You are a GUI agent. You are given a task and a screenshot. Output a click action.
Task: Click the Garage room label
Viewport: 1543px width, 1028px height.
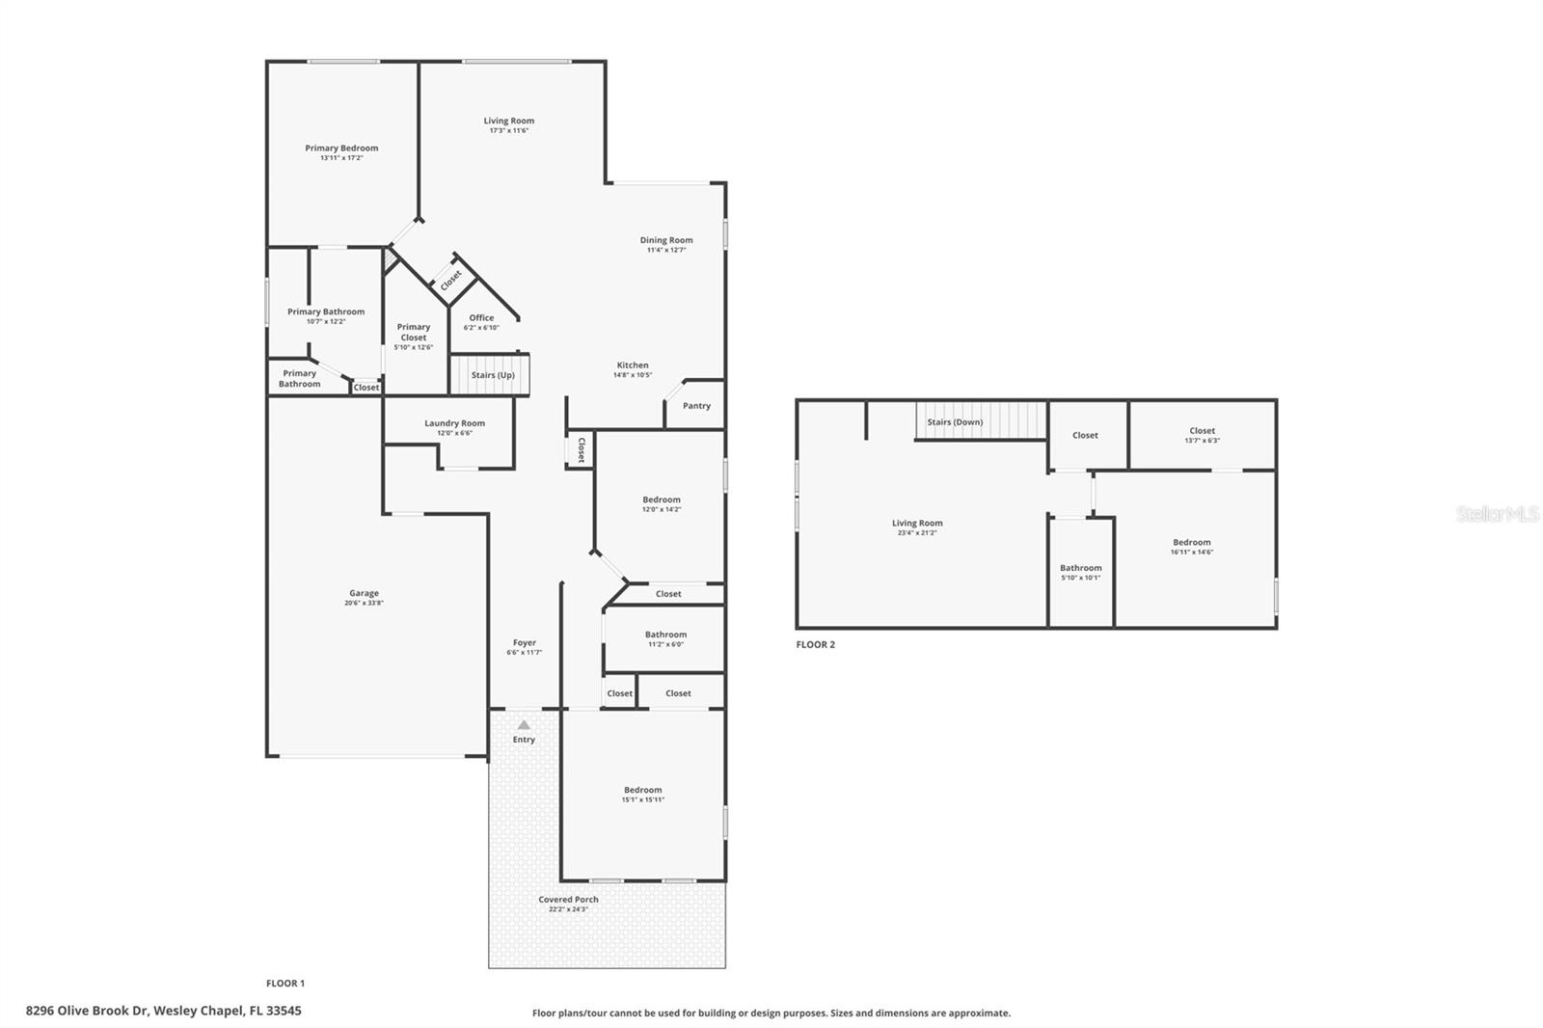(365, 593)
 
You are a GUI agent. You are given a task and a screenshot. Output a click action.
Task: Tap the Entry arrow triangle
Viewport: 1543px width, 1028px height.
(524, 725)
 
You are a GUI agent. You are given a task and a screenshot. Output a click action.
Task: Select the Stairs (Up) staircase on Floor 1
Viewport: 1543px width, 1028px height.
(490, 375)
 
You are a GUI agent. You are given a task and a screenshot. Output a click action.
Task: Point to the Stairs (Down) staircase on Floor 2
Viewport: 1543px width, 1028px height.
(981, 421)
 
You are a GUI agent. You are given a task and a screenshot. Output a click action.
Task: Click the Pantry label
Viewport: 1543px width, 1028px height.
(696, 406)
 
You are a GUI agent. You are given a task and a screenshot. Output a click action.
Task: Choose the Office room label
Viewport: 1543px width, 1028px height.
(481, 317)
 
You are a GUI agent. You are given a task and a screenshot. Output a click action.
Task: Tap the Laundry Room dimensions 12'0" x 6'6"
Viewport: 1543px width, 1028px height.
(454, 433)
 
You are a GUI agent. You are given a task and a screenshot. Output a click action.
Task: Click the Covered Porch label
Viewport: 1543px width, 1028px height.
(568, 899)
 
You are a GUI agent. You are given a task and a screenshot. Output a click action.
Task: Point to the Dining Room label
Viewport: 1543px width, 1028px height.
(666, 240)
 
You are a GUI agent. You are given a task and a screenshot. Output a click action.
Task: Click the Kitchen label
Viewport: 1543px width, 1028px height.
(633, 365)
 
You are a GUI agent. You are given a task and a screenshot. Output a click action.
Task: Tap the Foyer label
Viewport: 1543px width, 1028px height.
(525, 642)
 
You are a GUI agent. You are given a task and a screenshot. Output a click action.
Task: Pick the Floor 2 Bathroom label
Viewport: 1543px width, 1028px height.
(1080, 568)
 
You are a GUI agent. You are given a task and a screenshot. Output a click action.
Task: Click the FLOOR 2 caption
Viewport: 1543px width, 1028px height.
(815, 644)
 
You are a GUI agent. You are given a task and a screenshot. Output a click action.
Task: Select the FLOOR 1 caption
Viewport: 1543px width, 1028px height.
(285, 983)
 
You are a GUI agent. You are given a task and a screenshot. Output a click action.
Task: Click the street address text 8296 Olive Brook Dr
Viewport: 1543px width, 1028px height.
(88, 1011)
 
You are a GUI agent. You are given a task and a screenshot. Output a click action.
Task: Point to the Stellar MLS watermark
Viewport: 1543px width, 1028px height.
(1497, 514)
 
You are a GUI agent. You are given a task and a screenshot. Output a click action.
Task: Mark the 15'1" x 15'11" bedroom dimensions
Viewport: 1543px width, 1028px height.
(642, 799)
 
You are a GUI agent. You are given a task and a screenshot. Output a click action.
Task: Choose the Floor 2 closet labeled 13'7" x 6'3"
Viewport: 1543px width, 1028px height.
(1202, 435)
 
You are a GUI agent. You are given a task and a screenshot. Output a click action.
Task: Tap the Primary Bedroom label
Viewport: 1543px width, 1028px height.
(341, 148)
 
